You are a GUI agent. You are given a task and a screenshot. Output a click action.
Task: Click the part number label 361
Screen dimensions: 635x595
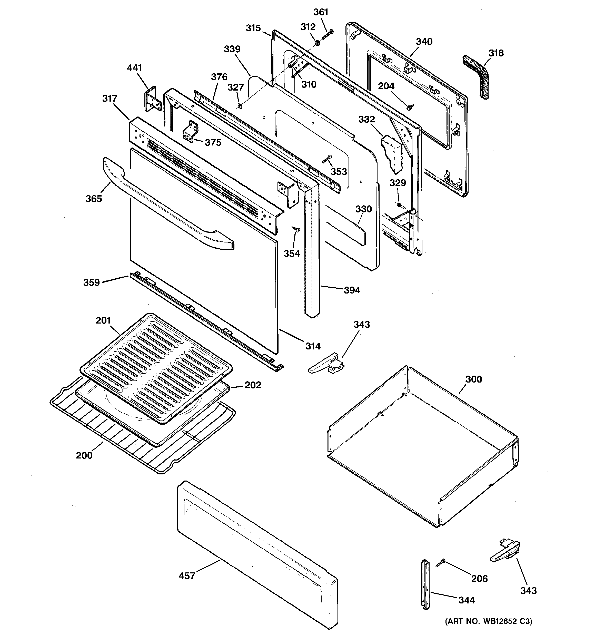(x=321, y=12)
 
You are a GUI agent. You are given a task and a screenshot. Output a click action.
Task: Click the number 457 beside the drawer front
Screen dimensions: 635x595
(x=187, y=575)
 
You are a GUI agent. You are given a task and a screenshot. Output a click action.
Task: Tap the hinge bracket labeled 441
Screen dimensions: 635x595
(x=151, y=99)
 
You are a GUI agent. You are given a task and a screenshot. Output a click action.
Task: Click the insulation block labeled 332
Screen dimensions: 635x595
(x=392, y=153)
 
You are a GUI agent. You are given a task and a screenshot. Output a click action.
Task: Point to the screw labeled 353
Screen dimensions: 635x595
(x=327, y=159)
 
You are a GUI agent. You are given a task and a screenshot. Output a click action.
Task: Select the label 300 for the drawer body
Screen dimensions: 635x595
(x=473, y=379)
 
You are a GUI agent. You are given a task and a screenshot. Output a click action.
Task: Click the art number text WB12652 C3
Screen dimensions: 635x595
(x=489, y=621)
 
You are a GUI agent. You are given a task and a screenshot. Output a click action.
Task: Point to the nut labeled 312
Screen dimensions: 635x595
(x=317, y=43)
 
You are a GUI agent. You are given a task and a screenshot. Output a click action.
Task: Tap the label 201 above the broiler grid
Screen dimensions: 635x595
(x=103, y=320)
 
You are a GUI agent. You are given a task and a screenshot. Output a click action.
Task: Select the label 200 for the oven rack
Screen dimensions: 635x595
(x=84, y=455)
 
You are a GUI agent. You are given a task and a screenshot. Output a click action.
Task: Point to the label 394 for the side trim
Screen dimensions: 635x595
(x=352, y=290)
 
